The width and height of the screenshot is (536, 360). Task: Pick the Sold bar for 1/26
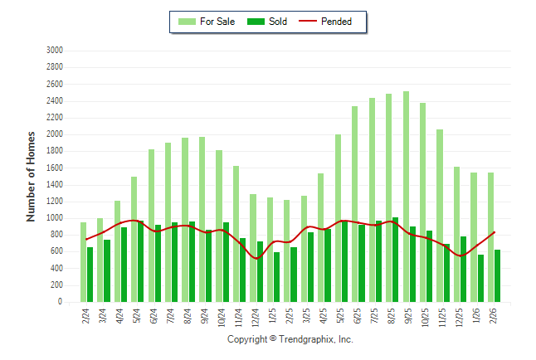[480, 279]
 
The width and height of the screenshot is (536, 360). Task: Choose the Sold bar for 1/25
[276, 277]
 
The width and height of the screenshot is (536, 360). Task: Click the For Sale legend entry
[205, 22]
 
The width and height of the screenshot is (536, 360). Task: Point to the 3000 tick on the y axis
[55, 51]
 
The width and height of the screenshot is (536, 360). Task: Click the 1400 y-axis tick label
[55, 185]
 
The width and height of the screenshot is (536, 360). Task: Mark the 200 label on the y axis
[57, 285]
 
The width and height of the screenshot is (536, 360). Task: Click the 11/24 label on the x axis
[238, 316]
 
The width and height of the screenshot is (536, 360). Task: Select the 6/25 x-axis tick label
[357, 316]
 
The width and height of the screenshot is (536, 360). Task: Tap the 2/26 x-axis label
[492, 316]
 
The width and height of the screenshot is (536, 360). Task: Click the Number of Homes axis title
[32, 176]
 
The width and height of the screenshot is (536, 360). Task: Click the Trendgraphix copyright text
[290, 339]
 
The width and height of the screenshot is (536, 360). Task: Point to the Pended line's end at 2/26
[495, 232]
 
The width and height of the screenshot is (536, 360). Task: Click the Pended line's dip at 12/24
[256, 258]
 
